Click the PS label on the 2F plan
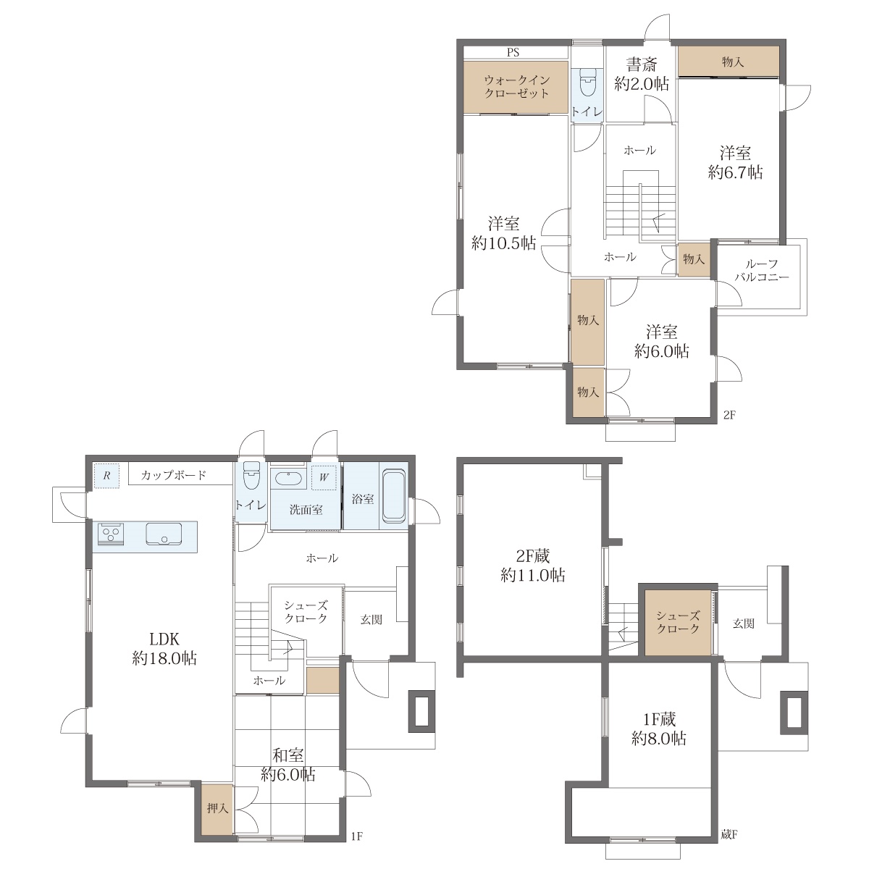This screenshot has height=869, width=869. point(513,52)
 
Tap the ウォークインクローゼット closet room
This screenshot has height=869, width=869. point(516,87)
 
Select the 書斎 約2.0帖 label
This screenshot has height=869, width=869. point(641,75)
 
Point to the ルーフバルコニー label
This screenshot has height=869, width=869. point(762,270)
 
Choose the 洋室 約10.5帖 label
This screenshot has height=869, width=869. point(503,234)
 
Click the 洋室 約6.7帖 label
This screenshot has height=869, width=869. point(735,163)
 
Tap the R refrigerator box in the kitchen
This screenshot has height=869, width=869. point(107,475)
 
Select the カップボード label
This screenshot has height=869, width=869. point(174,475)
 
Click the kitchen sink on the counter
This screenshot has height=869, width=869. point(164,534)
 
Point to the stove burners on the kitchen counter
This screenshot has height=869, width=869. point(111,534)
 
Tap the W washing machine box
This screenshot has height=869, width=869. point(324,477)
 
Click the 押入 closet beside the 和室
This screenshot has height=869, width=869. point(217,809)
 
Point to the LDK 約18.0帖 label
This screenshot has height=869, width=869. point(164,649)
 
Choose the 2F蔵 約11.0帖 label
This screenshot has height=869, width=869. point(532,566)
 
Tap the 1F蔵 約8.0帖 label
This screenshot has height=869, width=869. point(659,729)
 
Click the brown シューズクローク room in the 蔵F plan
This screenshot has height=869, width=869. point(677,622)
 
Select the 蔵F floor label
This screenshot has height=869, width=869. point(729,834)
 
